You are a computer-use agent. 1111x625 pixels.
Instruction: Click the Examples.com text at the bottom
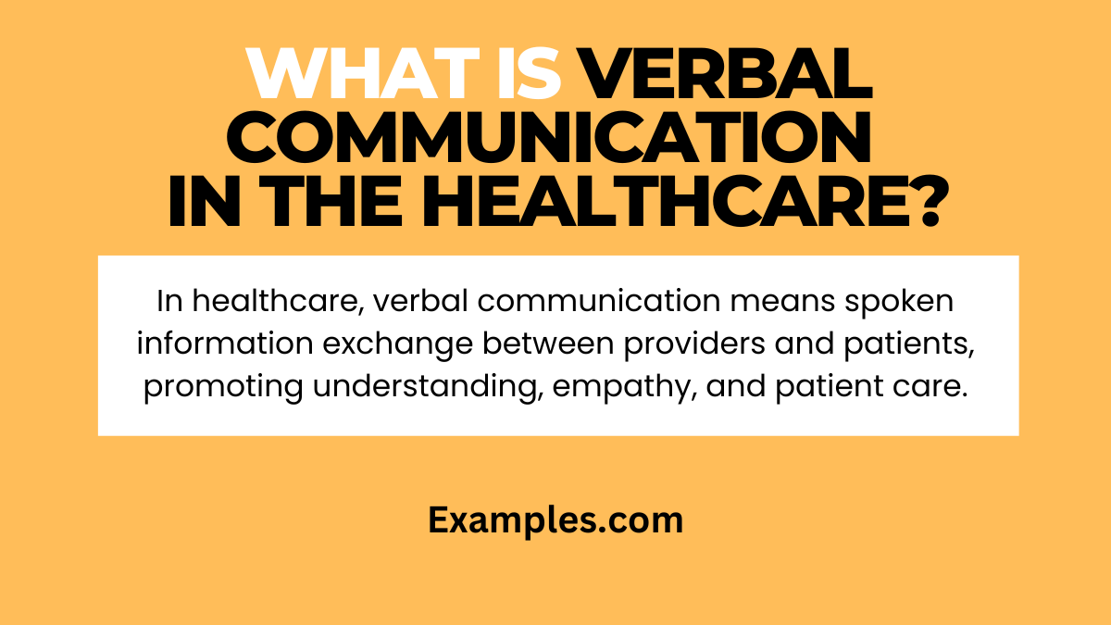pyautogui.click(x=555, y=521)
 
